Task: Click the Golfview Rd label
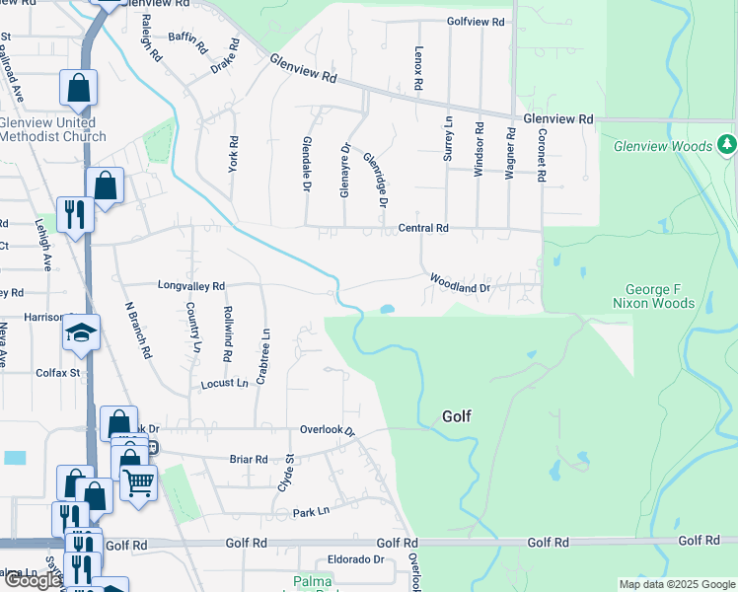click(x=476, y=21)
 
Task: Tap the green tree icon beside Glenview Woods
click(x=727, y=145)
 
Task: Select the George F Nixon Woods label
click(x=660, y=296)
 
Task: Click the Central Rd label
click(x=423, y=228)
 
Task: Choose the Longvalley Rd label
click(x=191, y=284)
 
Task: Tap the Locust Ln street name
click(x=224, y=382)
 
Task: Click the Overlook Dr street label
click(x=327, y=431)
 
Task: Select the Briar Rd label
click(x=249, y=459)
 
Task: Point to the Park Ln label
click(x=310, y=513)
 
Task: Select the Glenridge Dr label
click(x=375, y=179)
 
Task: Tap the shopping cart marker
click(x=139, y=483)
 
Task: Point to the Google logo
click(x=33, y=580)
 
